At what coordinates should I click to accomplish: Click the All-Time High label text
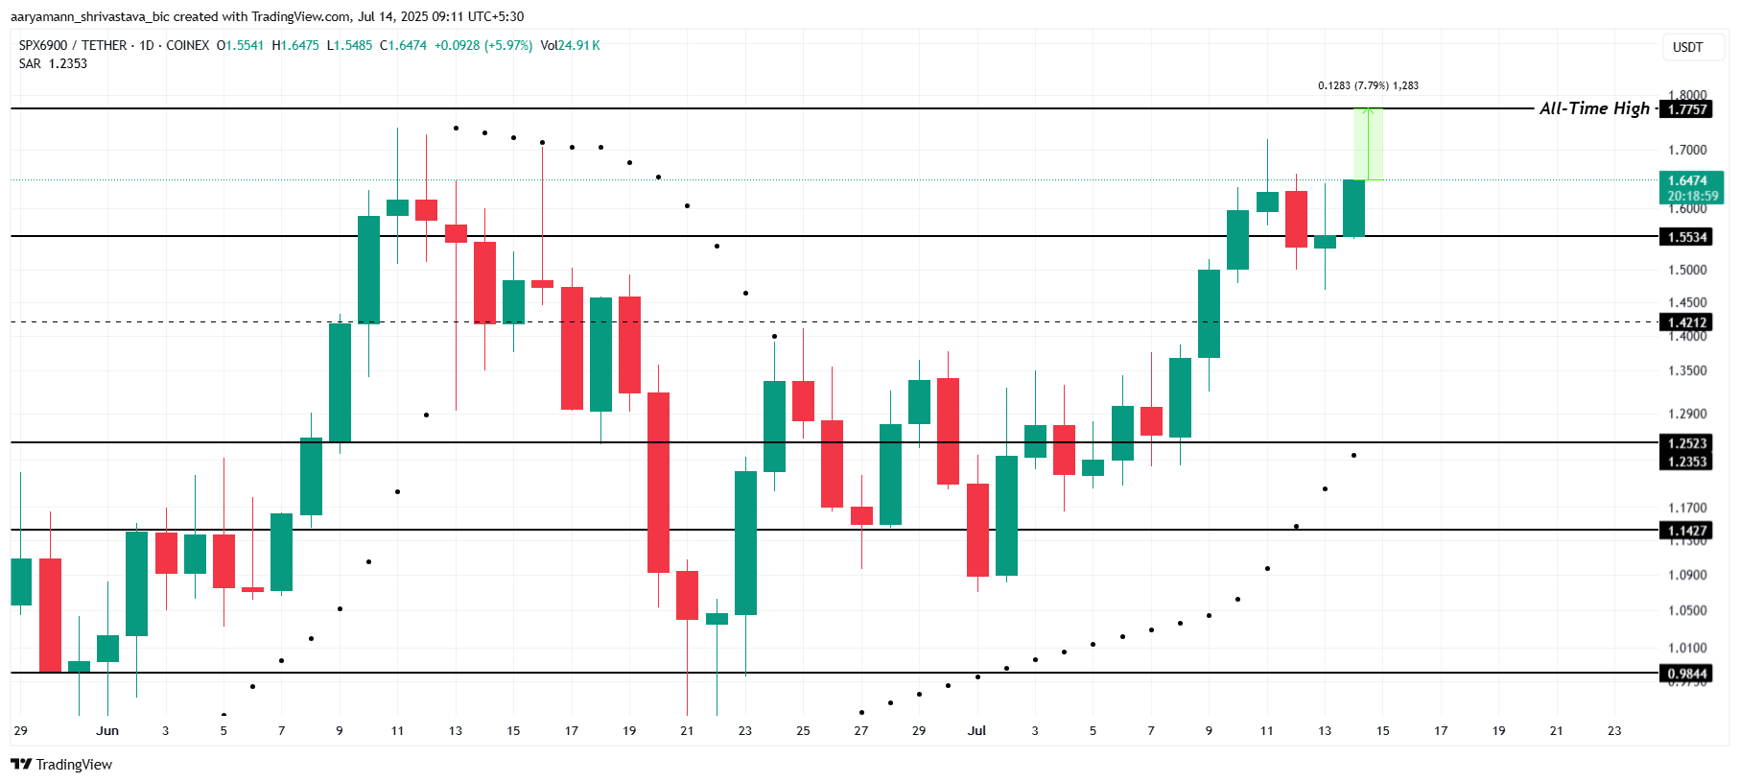1594,108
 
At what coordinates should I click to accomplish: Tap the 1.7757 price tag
1686,109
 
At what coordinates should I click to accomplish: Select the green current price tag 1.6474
1690,181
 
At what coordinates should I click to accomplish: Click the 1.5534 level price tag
1686,237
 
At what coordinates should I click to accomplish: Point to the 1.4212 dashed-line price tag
1686,322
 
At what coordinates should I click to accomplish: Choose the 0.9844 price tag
1686,674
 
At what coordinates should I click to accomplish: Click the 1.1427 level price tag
1686,531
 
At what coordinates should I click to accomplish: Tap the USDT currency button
1687,47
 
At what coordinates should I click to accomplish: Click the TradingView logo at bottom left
61,764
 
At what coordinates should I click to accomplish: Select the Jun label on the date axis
107,731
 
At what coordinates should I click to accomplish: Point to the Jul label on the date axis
976,731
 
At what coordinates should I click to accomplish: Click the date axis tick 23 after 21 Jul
1614,731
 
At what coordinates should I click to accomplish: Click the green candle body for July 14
1353,207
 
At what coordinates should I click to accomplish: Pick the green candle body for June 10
368,270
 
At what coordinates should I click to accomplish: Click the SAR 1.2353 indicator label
54,63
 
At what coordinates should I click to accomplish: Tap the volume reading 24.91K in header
578,45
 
